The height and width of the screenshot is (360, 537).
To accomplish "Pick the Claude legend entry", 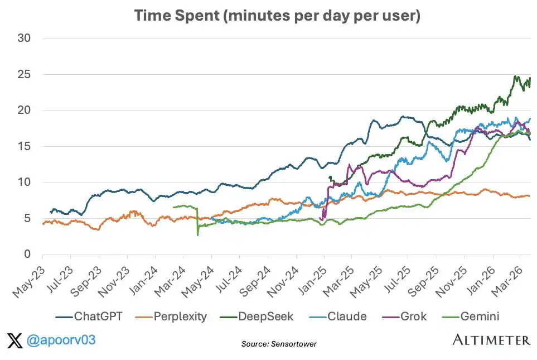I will point(346,316).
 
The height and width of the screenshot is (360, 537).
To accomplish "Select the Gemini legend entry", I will point(479,316).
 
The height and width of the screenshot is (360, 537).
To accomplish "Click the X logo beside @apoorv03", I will point(15,339).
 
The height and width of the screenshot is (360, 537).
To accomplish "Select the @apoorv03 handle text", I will point(56,339).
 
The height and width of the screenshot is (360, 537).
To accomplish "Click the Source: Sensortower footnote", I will point(279,344).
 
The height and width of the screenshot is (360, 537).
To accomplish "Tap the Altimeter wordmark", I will point(491,340).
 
